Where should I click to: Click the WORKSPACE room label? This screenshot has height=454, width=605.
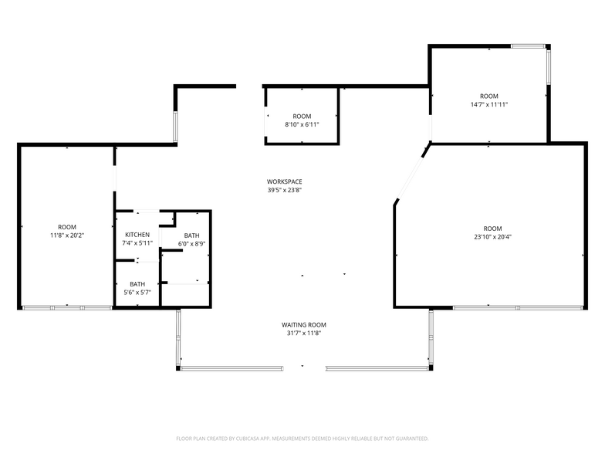(284, 181)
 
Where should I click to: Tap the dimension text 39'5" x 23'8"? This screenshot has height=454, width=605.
(284, 190)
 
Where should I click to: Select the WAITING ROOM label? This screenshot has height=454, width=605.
(303, 325)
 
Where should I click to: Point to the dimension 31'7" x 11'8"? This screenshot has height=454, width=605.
(303, 334)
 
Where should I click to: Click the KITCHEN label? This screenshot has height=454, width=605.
(137, 235)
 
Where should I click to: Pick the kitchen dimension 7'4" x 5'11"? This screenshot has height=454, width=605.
(137, 243)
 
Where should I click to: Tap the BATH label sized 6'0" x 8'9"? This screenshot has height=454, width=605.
(191, 235)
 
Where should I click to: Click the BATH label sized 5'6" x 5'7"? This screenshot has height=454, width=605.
(137, 284)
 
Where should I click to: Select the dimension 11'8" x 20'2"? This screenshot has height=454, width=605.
(67, 235)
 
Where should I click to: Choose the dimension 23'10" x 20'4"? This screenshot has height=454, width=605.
(492, 237)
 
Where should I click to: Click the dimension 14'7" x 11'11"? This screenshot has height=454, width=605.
(489, 104)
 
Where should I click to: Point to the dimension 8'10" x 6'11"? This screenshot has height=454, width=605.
(302, 124)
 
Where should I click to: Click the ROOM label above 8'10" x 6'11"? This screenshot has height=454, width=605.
(302, 116)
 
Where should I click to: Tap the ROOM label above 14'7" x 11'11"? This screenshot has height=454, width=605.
(489, 96)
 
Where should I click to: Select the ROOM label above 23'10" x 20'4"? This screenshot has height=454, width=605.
(492, 229)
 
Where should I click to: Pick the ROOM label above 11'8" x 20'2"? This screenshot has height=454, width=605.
(67, 227)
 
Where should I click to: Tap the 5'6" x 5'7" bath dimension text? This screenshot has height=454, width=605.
(137, 293)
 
